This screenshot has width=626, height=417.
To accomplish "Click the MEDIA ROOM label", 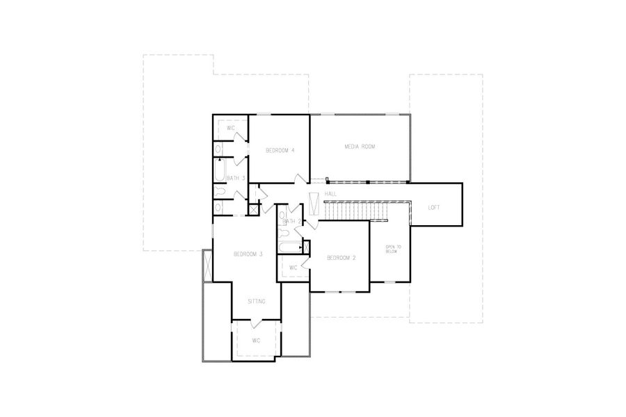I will click(360, 147).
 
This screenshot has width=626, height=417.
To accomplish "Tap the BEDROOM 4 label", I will click(280, 150).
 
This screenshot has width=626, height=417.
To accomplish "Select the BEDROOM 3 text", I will click(248, 254).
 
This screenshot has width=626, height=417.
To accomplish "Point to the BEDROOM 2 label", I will click(342, 258).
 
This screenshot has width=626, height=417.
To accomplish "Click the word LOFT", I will click(433, 207).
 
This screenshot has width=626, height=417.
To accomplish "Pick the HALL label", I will click(330, 193).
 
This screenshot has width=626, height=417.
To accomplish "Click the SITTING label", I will click(257, 301).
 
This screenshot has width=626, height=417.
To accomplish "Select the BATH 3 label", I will click(236, 179).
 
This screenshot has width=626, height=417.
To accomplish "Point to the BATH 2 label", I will click(291, 221).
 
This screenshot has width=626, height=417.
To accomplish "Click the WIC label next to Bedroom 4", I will click(231, 129).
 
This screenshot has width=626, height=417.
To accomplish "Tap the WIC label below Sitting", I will click(256, 341).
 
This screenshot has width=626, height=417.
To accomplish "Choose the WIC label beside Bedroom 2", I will click(293, 268).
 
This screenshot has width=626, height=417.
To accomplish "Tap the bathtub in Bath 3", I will click(220, 170).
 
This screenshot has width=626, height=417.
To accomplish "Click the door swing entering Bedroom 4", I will click(299, 180).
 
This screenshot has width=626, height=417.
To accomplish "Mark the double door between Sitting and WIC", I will click(256, 321).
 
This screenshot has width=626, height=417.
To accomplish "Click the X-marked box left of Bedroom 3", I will click(207, 265).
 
